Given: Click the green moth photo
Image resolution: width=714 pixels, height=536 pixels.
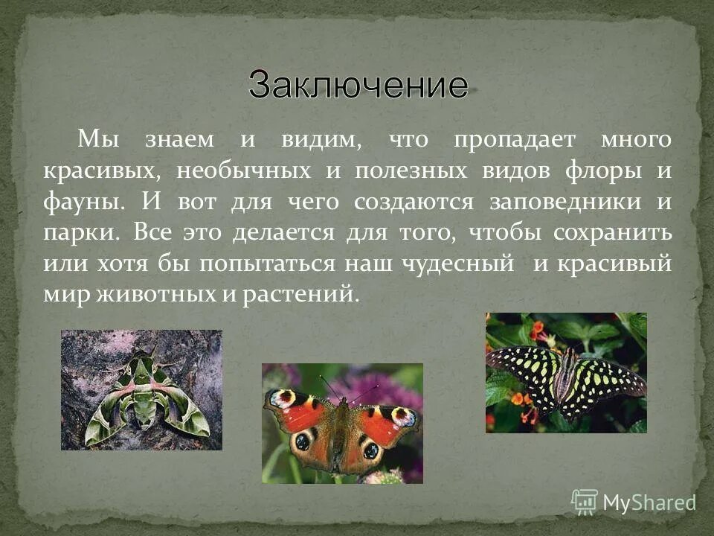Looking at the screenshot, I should [x=141, y=390].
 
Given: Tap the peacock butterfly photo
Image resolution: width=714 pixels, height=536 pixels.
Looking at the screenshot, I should [x=342, y=423].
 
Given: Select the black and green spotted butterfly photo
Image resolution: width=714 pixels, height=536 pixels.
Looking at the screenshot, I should [x=566, y=372].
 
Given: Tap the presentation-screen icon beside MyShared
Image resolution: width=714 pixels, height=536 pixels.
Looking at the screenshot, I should [x=585, y=502].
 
